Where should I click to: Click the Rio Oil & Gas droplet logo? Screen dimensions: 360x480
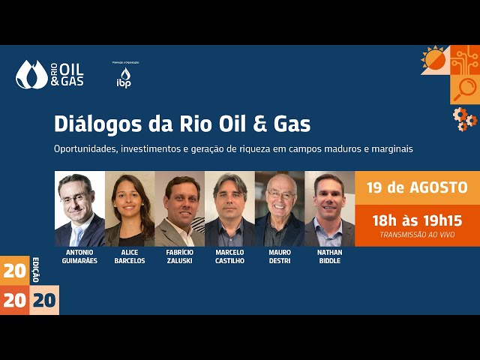tap(31, 74)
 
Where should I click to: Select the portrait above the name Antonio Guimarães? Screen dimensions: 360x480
tap(79, 209)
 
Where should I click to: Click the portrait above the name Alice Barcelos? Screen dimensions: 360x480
tap(130, 209)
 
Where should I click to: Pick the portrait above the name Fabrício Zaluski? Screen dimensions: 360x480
tap(179, 209)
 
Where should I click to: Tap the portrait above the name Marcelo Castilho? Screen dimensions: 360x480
tap(229, 209)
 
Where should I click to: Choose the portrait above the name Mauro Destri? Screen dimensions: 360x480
tap(280, 209)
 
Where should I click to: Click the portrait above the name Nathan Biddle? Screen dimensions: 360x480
tap(329, 209)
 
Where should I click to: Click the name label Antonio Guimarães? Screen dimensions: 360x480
tap(79, 256)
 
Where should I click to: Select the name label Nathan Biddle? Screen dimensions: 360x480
tap(329, 256)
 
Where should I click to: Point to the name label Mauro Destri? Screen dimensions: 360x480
tap(280, 256)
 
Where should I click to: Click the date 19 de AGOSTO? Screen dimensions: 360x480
tap(417, 187)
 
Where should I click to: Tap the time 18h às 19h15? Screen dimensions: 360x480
tap(417, 220)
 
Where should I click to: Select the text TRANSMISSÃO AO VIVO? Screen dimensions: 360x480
tap(417, 235)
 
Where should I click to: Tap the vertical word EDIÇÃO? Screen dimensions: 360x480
tap(35, 269)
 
